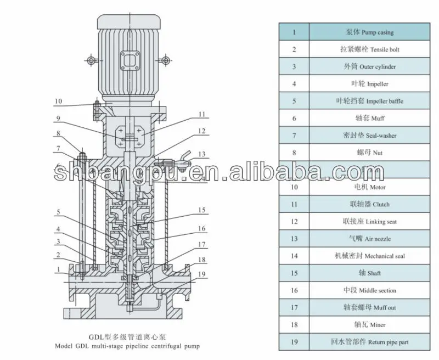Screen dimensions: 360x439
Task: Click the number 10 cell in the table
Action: (294, 187)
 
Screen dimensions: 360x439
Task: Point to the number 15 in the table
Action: (294, 273)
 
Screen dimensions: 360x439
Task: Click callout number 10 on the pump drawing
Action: (58, 101)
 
